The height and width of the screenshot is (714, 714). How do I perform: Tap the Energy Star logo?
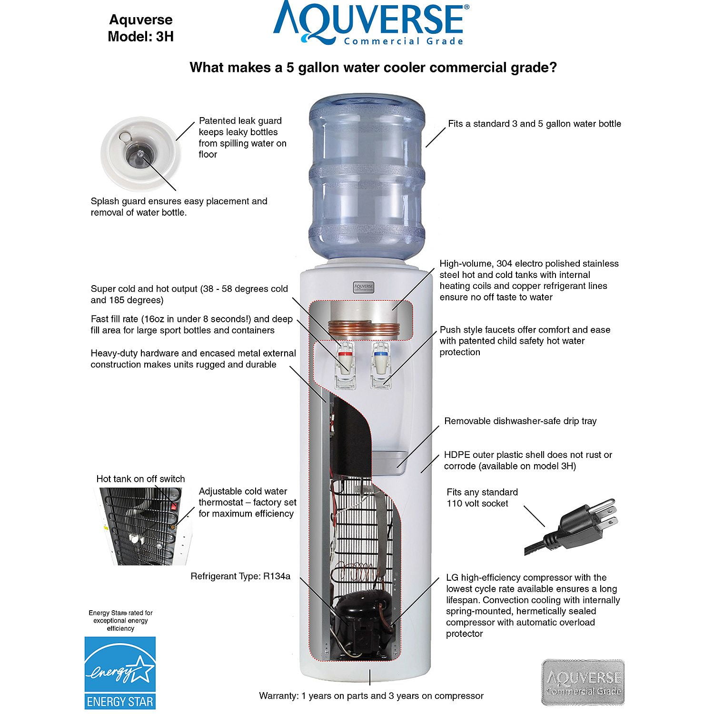pos(120,672)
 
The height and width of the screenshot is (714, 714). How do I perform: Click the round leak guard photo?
pos(141,152)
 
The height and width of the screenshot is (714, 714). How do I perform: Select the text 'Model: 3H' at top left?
pos(140,37)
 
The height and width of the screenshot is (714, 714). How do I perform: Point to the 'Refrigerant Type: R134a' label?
pos(240,576)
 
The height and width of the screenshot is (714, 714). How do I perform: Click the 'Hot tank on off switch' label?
pos(140,479)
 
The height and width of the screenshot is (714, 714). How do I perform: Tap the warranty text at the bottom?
pos(371,696)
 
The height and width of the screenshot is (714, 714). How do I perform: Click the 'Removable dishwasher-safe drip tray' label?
pos(520,421)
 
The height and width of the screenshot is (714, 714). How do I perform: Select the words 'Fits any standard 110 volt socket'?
pos(482,498)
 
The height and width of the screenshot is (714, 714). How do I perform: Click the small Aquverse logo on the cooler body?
pos(363,287)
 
